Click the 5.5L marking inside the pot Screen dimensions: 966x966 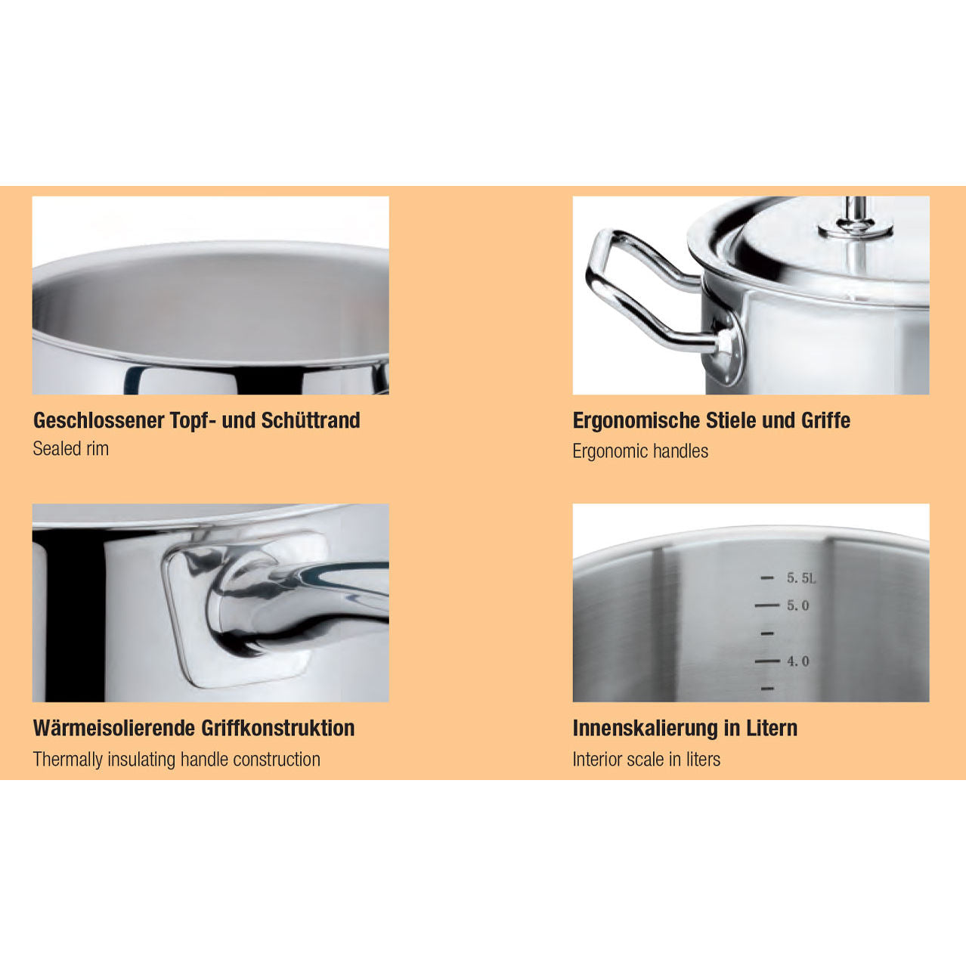coord(801,578)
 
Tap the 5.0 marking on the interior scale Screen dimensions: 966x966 coord(797,605)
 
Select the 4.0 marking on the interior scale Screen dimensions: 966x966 coord(797,661)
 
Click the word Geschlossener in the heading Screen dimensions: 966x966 coord(99,420)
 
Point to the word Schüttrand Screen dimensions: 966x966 coord(311,420)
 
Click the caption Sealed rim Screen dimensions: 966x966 coord(71,449)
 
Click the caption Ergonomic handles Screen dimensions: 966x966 coord(640,451)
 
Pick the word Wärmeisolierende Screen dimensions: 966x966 coord(114,728)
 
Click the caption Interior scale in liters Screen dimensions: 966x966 coord(646,760)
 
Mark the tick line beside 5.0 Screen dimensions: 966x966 coord(767,605)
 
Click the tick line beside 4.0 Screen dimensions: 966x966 coord(767,661)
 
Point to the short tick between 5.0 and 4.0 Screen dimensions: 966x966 coord(767,633)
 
